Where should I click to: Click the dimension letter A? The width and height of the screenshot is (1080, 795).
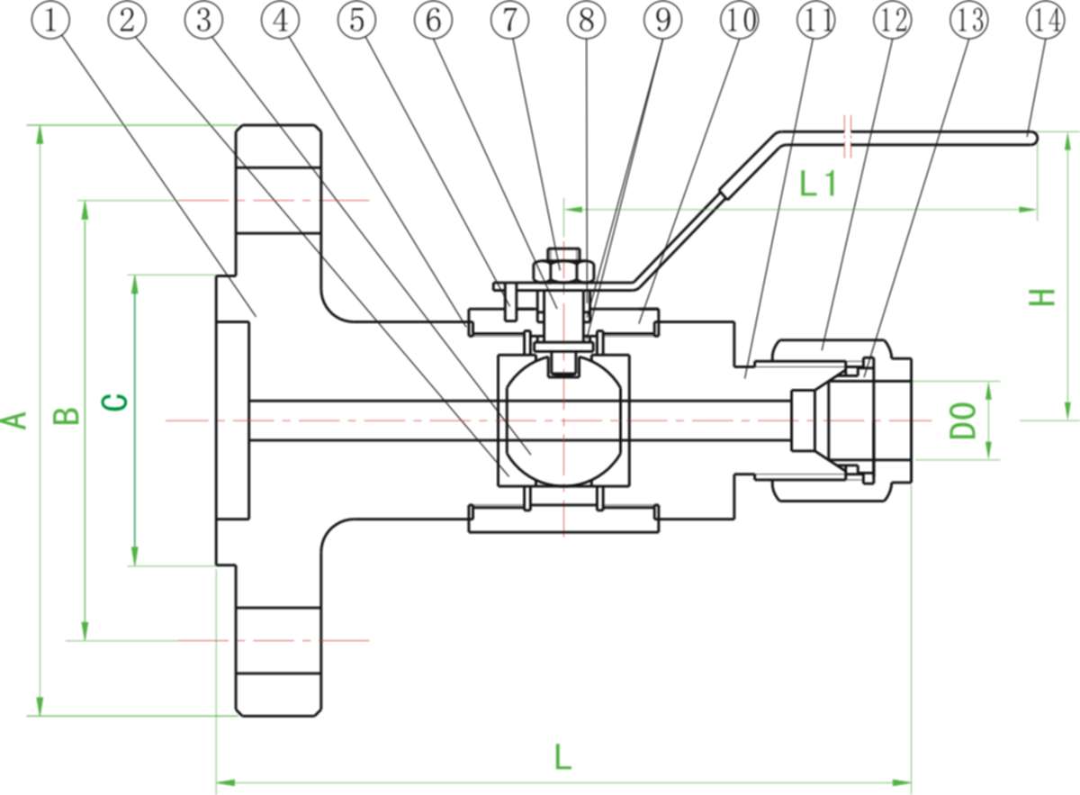click(16, 420)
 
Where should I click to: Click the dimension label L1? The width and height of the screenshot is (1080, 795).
click(818, 185)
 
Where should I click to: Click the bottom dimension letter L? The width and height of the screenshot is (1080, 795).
click(562, 756)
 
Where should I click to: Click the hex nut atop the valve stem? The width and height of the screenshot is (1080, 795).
click(562, 268)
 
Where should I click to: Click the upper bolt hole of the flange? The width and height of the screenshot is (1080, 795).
click(278, 200)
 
